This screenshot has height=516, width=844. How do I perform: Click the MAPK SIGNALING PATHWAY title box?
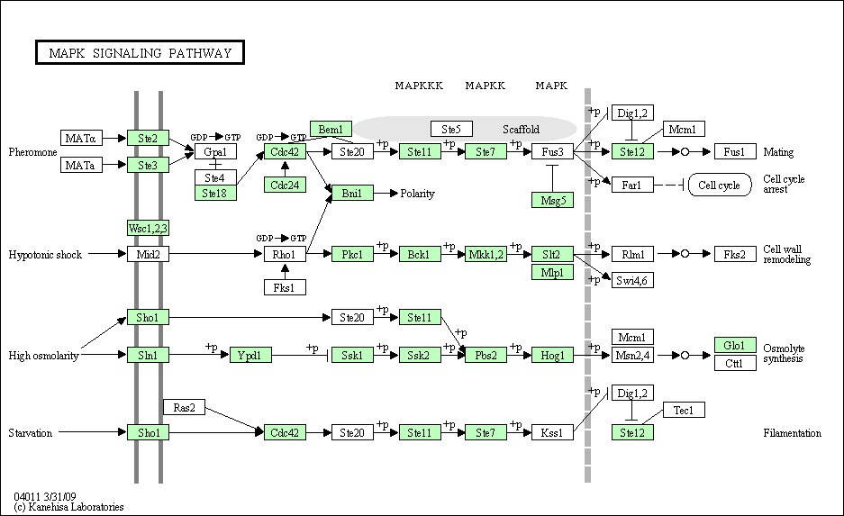[x=141, y=53]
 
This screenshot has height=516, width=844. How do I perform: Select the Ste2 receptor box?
[x=148, y=138]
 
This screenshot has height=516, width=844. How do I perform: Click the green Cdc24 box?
[x=285, y=185]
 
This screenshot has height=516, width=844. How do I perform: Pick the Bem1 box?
[x=331, y=129]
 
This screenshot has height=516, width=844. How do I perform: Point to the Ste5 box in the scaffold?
[x=451, y=129]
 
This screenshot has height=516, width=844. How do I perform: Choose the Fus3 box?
[x=552, y=152]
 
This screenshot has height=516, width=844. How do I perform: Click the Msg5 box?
[x=552, y=200]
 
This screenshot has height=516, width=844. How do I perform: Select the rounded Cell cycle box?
[x=720, y=186]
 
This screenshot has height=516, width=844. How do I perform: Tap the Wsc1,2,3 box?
[x=148, y=228]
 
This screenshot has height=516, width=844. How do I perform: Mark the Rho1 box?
[x=285, y=255]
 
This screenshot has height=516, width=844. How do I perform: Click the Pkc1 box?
[x=352, y=255]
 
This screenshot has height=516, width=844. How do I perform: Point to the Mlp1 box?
[x=552, y=272]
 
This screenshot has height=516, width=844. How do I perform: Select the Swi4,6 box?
[x=632, y=280]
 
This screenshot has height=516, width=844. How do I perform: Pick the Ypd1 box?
[x=250, y=356]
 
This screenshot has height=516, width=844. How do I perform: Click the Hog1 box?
[x=552, y=356]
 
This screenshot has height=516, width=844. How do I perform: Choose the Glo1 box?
[x=735, y=346]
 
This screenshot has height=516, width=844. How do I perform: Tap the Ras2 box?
[x=184, y=408]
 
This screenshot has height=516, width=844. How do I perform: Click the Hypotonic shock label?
[x=45, y=255]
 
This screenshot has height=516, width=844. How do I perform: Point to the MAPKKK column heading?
[x=419, y=86]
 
